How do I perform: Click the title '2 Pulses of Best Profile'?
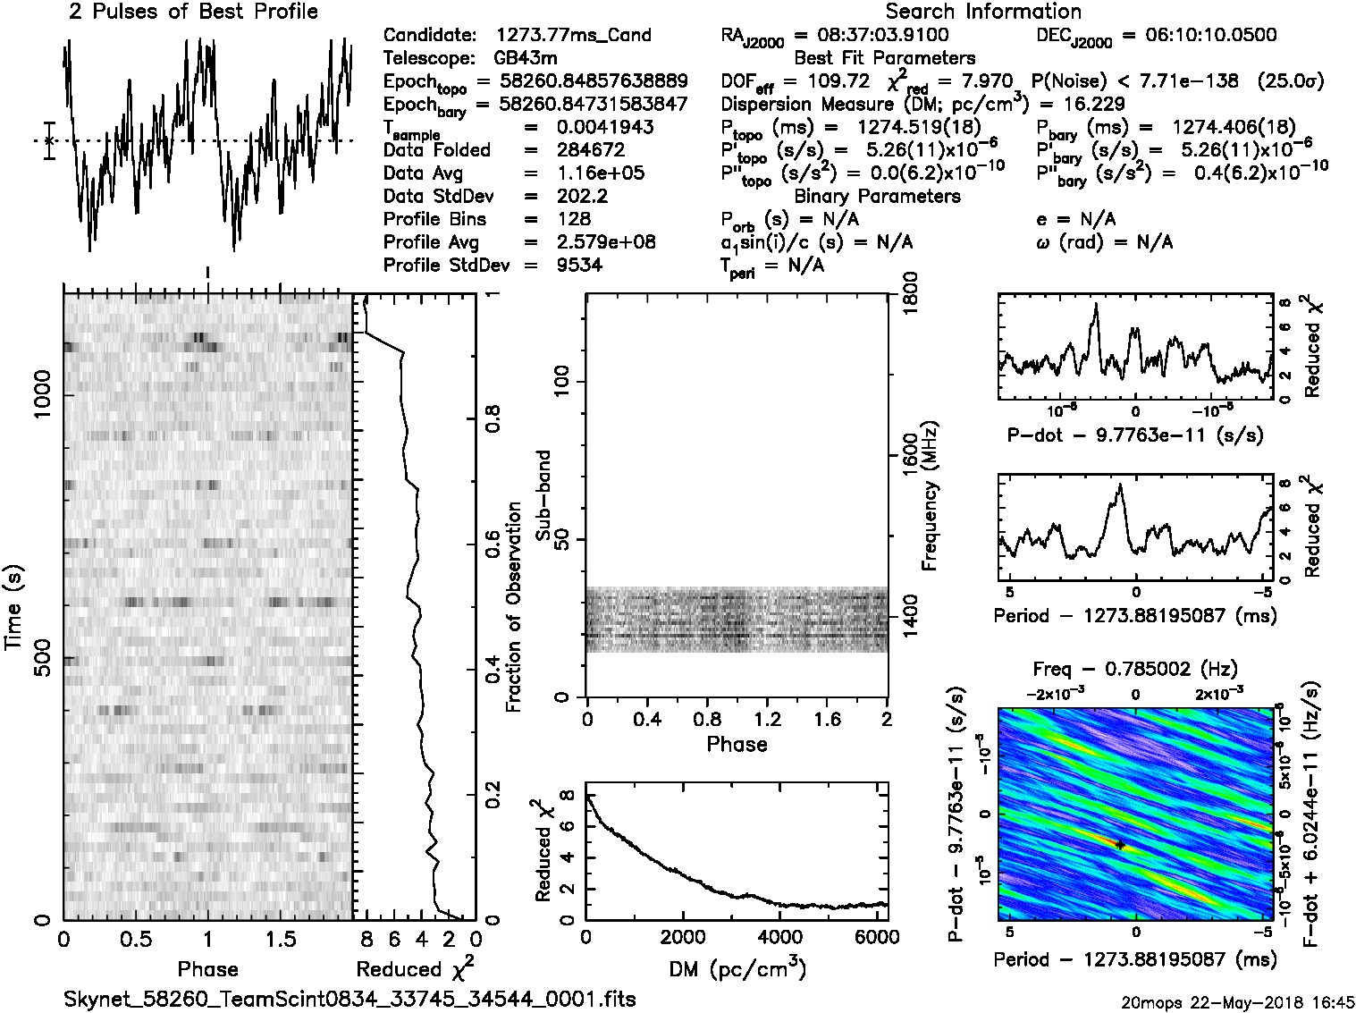[x=193, y=13]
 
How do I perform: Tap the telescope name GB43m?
[x=527, y=59]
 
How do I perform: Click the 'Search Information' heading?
[x=982, y=13]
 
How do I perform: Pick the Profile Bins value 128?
[x=573, y=219]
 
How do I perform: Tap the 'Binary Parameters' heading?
[x=877, y=197]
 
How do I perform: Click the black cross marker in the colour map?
[x=1119, y=845]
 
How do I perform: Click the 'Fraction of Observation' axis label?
[x=513, y=607]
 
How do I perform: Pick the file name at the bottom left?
[x=350, y=999]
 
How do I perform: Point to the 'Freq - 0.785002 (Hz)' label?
[x=1134, y=670]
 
